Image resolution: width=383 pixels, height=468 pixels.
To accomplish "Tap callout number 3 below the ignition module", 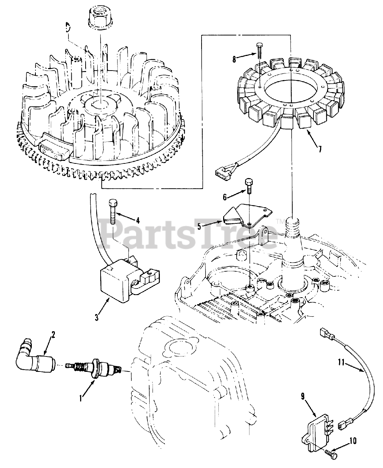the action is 97,317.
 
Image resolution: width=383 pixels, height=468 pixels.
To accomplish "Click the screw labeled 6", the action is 248,185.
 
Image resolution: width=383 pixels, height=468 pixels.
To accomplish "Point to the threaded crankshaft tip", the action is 293,226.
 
